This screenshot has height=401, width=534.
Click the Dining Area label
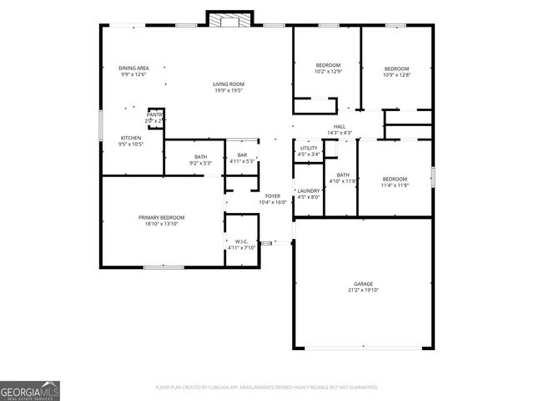tap(133, 68)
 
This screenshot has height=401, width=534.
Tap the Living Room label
tap(228, 84)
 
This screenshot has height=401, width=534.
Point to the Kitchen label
tap(131, 137)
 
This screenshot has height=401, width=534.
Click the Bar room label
tap(242, 155)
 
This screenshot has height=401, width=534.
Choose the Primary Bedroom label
tap(161, 217)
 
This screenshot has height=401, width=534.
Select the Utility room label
tap(309, 148)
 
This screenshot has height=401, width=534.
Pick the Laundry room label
tap(309, 190)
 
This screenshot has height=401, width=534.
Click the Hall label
tap(340, 126)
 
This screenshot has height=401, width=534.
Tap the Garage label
tap(363, 283)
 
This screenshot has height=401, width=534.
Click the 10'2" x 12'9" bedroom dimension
tap(328, 72)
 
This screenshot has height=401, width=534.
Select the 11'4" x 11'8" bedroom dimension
tap(395, 185)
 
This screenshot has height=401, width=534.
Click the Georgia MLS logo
tap(30, 391)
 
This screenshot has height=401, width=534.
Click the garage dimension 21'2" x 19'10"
tap(363, 290)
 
